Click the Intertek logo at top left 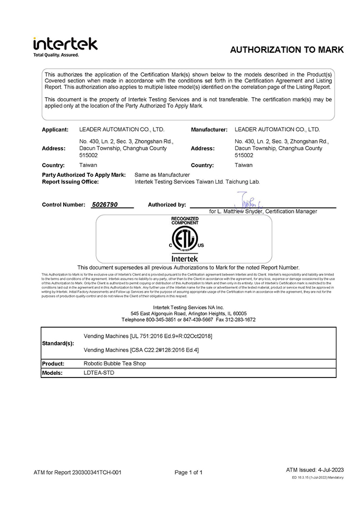(x=65, y=43)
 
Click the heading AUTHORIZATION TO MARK (x=286, y=50)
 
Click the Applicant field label (x=55, y=129)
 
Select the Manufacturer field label (x=209, y=129)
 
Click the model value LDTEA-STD (x=99, y=373)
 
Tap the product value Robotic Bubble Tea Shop (x=115, y=363)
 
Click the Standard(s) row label (x=58, y=343)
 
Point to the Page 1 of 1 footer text (x=188, y=472)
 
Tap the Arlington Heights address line (x=189, y=313)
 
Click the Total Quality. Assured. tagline (x=56, y=55)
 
